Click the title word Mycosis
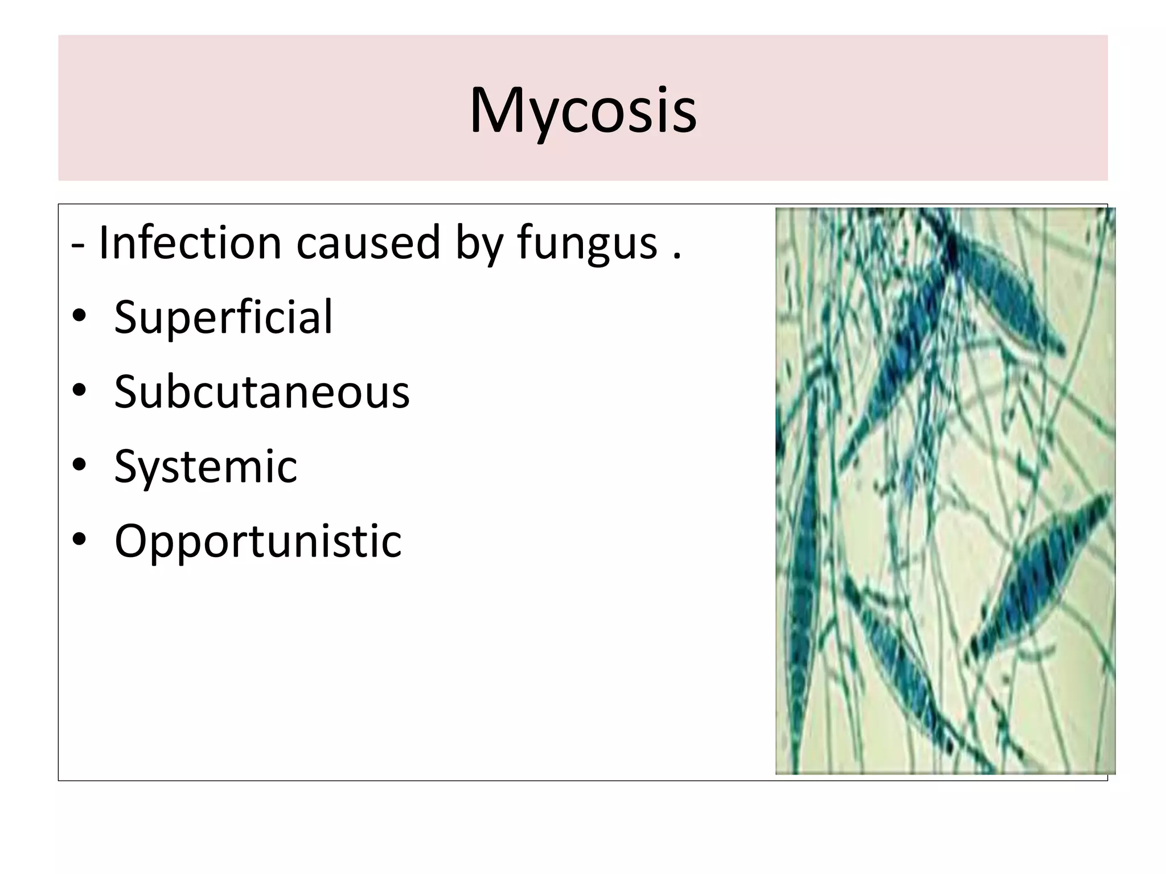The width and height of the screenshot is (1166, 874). click(x=582, y=110)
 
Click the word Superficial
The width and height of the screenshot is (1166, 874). click(x=223, y=318)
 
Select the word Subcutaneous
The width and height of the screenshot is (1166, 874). click(x=262, y=392)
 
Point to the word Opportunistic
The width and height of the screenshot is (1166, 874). click(x=258, y=541)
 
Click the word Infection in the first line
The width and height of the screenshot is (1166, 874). click(x=190, y=243)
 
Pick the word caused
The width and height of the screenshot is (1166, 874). click(x=368, y=243)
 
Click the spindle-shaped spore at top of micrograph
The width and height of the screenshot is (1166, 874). click(x=1002, y=296)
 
